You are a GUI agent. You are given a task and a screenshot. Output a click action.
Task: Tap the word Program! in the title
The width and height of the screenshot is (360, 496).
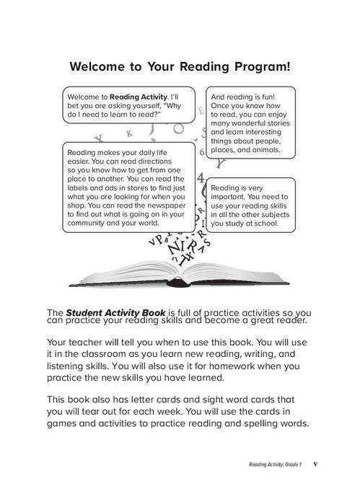(x=260, y=68)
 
